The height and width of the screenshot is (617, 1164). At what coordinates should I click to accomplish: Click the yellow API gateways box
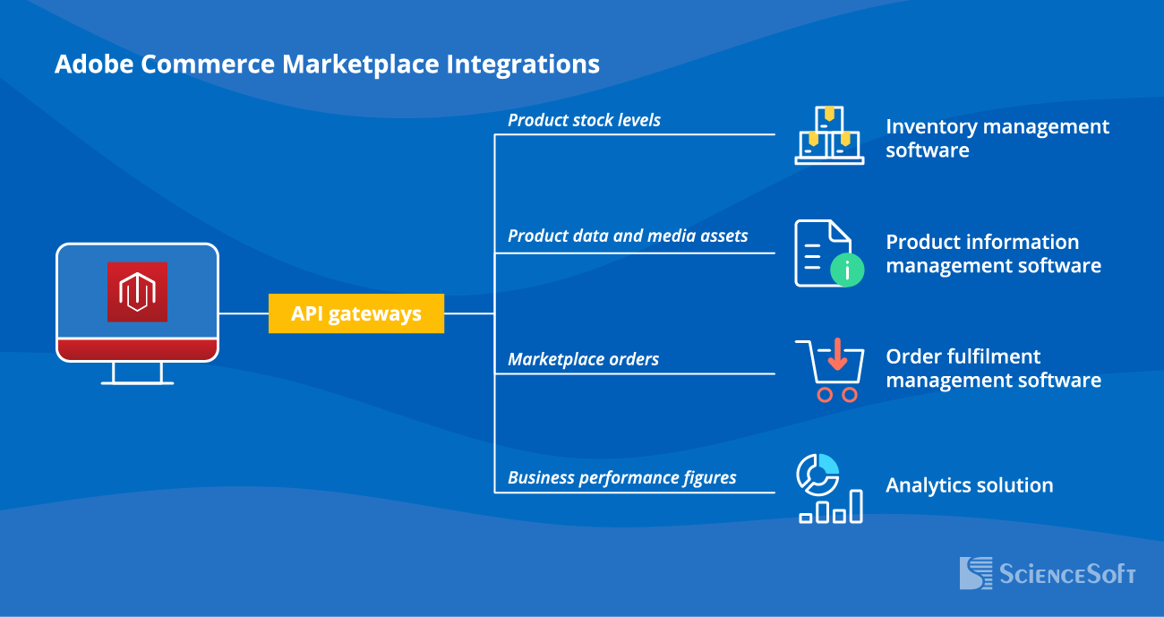356,314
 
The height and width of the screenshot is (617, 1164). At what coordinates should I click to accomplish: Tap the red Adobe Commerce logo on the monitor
137,292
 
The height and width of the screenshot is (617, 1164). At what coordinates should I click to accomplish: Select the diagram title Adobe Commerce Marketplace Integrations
327,64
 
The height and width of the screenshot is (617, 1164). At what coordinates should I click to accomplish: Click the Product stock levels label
584,120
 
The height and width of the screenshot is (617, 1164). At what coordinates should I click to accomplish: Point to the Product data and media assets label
628,236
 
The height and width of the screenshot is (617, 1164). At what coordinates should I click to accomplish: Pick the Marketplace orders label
583,359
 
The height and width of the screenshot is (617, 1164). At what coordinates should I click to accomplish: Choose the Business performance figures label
621,477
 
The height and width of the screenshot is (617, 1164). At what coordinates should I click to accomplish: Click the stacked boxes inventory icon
829,135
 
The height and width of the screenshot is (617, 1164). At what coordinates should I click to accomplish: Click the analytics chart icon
829,488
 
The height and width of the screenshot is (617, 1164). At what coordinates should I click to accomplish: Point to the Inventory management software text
997,138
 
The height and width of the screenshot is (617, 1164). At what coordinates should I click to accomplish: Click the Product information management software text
993,253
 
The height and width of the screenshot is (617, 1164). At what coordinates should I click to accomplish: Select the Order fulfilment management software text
993,368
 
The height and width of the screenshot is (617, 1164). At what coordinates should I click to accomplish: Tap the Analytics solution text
969,485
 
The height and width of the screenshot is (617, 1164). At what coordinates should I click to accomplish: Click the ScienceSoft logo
1047,573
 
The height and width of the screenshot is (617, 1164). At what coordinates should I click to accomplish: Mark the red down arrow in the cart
838,354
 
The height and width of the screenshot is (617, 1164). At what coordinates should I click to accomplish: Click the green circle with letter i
847,269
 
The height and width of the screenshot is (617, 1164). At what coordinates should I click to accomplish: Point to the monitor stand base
137,381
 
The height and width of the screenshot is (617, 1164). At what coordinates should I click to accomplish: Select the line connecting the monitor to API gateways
244,314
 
